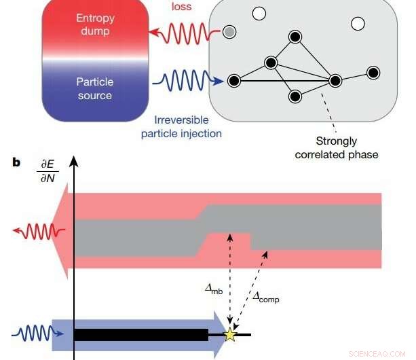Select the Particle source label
click(x=95, y=88)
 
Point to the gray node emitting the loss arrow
click(x=231, y=32)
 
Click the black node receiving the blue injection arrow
click(x=234, y=81)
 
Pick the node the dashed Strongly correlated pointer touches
click(x=335, y=81)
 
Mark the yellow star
click(x=231, y=334)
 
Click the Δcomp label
click(x=265, y=297)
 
